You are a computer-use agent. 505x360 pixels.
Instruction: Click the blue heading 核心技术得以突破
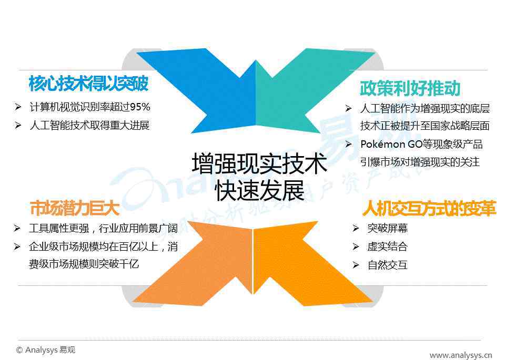(x=88, y=84)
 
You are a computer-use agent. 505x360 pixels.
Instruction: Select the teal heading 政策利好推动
(x=410, y=88)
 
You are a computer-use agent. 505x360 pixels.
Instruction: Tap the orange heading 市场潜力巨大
(x=75, y=208)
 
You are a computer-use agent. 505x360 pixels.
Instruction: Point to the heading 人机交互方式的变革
(x=429, y=208)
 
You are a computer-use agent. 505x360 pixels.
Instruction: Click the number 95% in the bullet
(x=140, y=107)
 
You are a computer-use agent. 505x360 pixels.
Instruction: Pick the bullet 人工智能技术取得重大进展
(x=89, y=125)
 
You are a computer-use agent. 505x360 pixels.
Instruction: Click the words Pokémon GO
(x=389, y=144)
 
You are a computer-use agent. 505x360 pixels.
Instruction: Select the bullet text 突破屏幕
(x=388, y=229)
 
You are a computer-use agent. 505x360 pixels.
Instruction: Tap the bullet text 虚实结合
(x=388, y=247)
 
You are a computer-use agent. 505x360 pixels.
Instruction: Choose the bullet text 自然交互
(x=388, y=265)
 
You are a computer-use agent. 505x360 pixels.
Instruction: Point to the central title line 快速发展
(x=259, y=190)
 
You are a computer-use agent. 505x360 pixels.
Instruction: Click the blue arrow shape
(x=206, y=87)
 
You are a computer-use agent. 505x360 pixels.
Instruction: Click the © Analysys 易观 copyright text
(x=45, y=350)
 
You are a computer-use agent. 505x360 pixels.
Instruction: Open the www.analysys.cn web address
(x=461, y=355)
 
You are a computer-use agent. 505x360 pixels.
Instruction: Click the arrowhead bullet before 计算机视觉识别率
(x=18, y=107)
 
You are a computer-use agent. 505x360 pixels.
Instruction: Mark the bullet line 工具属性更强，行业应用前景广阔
(x=104, y=229)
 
